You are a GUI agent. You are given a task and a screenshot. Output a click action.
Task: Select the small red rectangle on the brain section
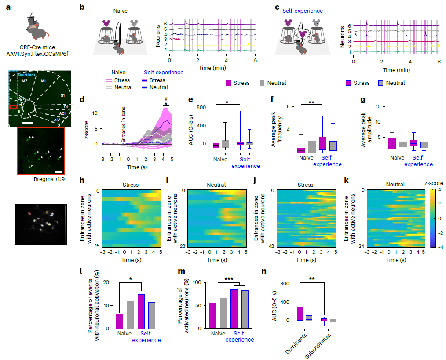14,107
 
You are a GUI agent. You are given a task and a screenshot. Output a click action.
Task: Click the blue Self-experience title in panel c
303,11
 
